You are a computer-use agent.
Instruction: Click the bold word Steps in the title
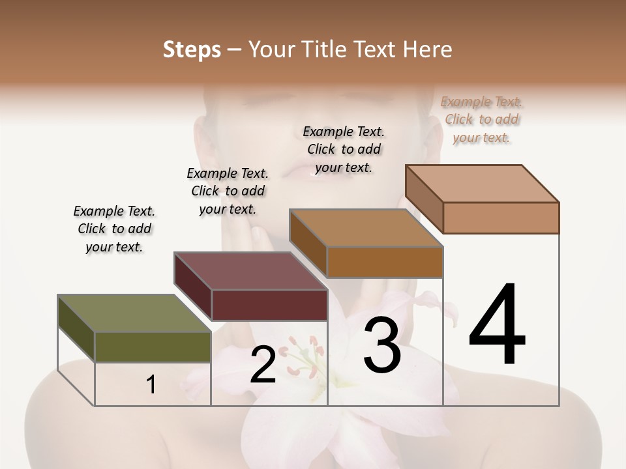(192, 50)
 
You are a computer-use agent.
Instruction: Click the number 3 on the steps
(382, 345)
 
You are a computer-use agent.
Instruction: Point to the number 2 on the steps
(263, 365)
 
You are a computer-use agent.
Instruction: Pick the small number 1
(151, 385)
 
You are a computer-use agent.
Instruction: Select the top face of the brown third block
(366, 228)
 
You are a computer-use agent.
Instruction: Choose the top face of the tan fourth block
(482, 184)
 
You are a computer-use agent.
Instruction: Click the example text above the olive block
(114, 229)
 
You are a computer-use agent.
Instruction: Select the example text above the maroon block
(228, 191)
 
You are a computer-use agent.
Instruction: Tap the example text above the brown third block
(344, 149)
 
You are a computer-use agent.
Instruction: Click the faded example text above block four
(482, 119)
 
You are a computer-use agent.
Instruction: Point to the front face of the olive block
(153, 347)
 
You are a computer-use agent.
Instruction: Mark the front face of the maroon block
(269, 305)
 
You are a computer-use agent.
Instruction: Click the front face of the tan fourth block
(501, 217)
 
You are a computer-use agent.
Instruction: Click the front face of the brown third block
(385, 262)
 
